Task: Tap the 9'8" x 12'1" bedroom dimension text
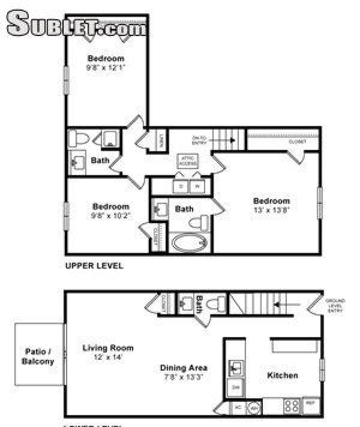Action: coord(105,68)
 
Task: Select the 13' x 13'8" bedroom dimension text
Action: coord(271,210)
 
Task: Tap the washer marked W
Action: coord(197,186)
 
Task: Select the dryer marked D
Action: coord(181,186)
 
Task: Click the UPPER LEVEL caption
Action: coord(94,266)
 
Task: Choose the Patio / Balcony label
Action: coord(38,356)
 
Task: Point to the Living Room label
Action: coord(108,348)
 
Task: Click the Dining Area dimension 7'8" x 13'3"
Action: coord(183,377)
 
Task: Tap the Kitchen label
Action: coord(282,375)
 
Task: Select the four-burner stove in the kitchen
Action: coord(291,407)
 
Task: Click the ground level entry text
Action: coord(335,306)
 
